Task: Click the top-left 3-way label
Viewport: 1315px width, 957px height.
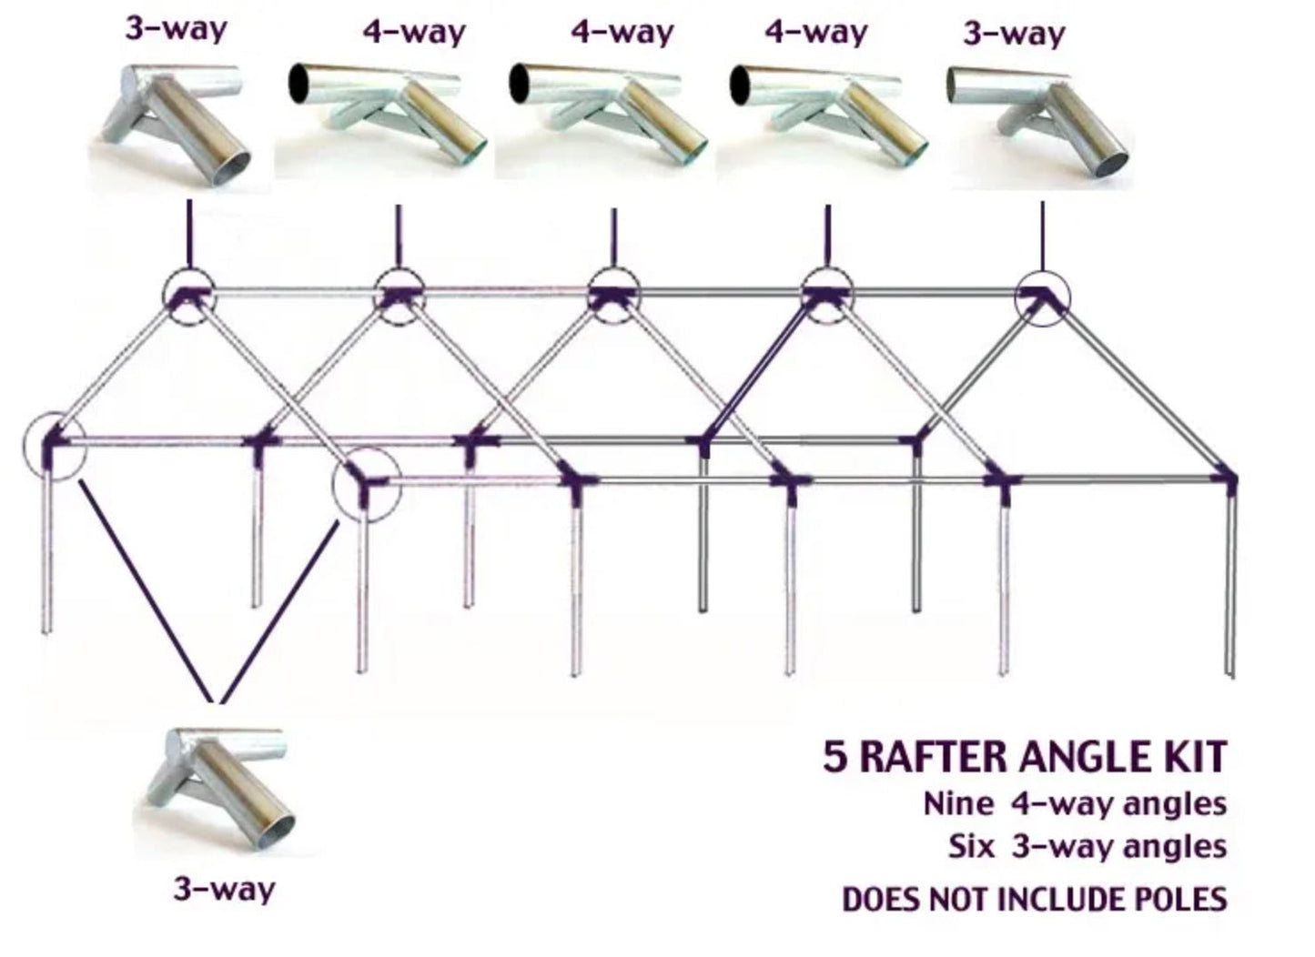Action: (176, 28)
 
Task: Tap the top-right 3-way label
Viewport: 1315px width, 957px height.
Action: (1014, 35)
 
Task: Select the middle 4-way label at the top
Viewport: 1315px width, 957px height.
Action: (622, 33)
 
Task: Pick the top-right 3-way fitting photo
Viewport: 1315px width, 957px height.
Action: (1039, 123)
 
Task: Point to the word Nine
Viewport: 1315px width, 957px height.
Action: (958, 804)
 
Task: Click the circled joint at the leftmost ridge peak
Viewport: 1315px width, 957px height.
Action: (189, 296)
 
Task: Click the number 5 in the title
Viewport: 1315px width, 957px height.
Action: (834, 757)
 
